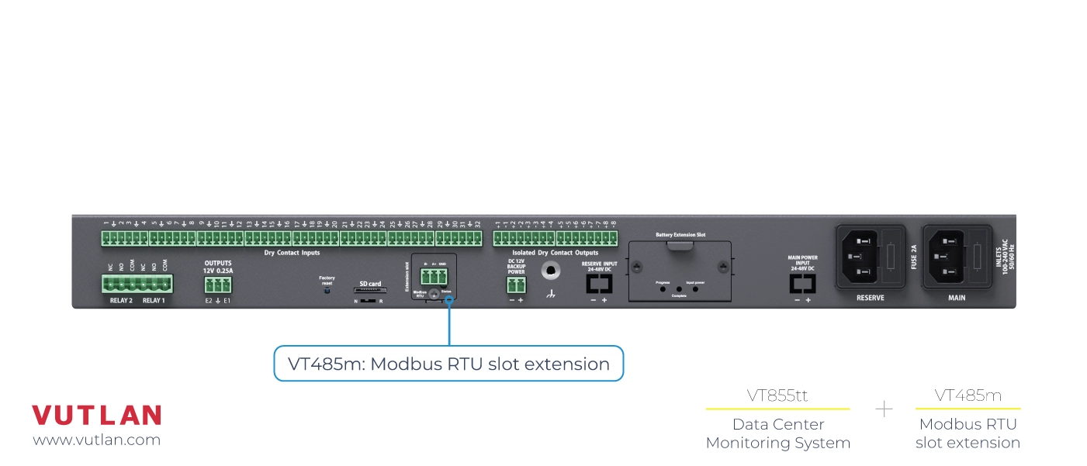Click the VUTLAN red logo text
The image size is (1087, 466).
pos(96,416)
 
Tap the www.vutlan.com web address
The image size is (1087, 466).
pos(96,440)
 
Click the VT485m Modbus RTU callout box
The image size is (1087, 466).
pos(448,364)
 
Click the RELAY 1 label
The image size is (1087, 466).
pos(154,300)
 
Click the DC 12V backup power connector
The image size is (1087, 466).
pos(516,285)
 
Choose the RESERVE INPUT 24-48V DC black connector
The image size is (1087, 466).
pos(599,284)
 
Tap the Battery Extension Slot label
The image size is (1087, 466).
pos(680,234)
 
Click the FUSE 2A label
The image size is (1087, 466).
pos(914,256)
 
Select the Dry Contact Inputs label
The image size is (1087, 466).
pos(292,253)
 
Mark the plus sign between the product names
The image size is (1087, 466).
pos(884,409)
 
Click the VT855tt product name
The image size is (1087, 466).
pos(777,395)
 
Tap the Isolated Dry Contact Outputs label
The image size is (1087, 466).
pos(556,253)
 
